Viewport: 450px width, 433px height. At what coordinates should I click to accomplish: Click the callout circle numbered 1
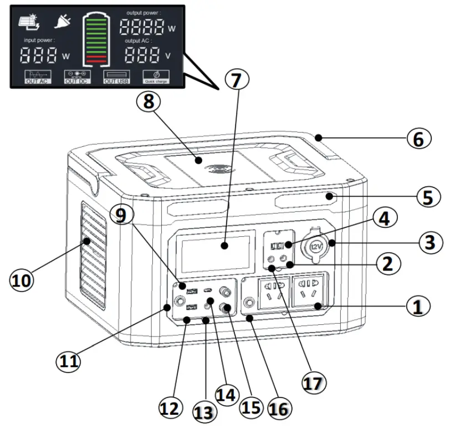point(420,305)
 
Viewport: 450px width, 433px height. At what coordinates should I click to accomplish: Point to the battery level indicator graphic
point(97,38)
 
